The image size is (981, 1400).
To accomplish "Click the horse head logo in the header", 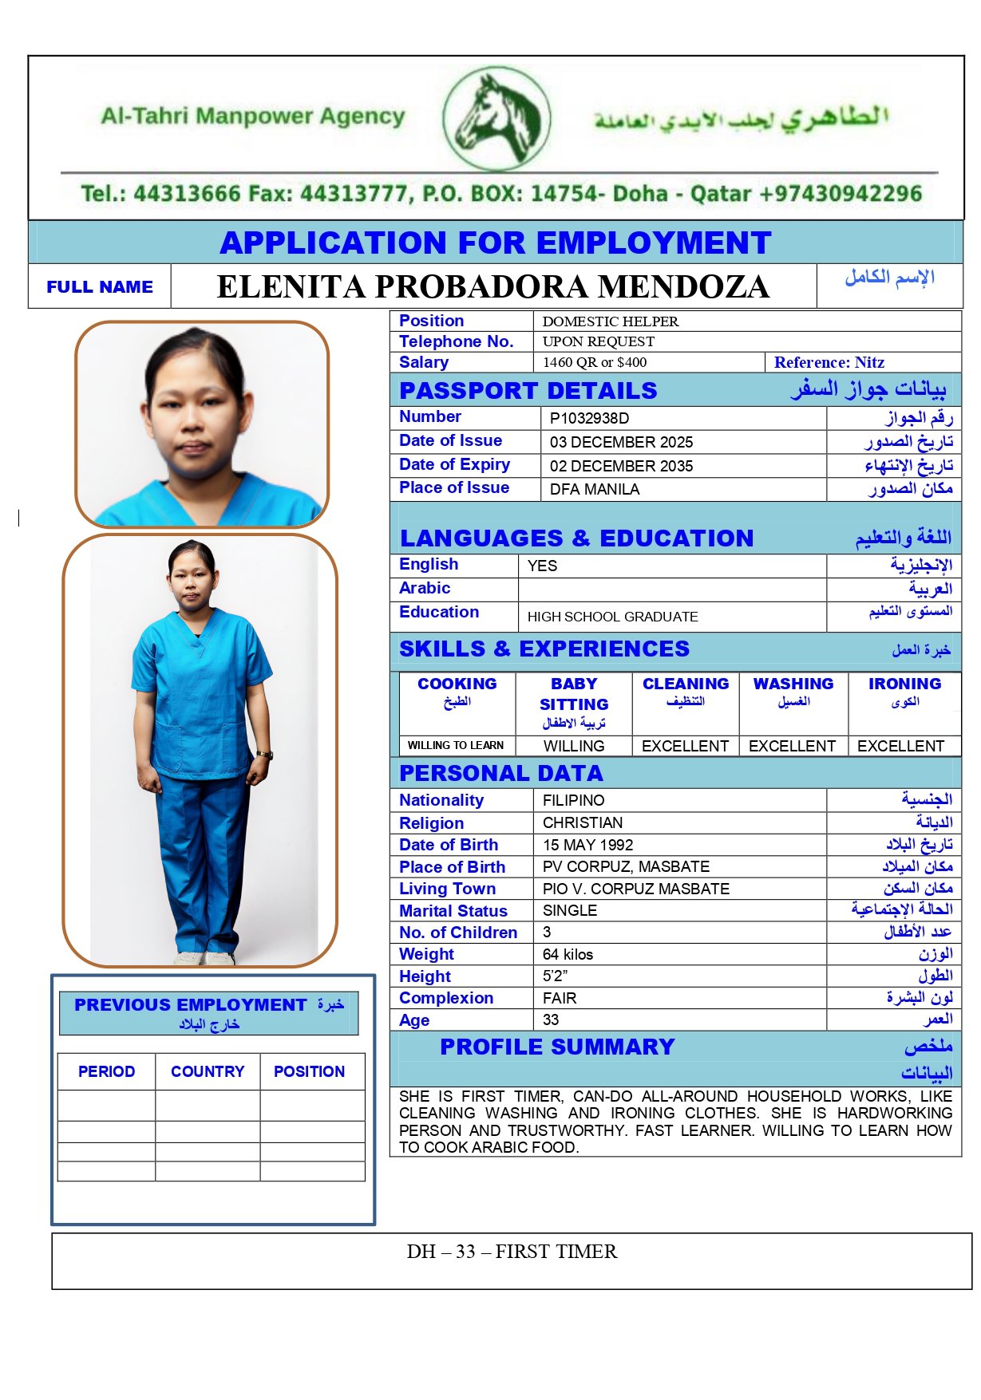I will tap(496, 117).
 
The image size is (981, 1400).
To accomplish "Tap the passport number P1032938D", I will tap(589, 418).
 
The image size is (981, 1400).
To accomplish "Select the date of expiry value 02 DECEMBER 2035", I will tap(621, 466).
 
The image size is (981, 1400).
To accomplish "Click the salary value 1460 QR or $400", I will tap(595, 362).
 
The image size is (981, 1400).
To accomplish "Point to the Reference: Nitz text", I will tap(829, 362).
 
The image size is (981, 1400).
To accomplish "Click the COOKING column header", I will tap(457, 684).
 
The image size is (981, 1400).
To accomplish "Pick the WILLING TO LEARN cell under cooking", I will tap(456, 745).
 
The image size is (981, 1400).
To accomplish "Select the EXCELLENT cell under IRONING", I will tap(900, 746).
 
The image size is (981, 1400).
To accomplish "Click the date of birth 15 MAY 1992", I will tap(588, 845).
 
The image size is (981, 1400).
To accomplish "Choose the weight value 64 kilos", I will tap(568, 954).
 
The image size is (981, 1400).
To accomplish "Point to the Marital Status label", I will tap(453, 911).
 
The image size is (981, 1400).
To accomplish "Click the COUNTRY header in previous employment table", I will tap(208, 1071).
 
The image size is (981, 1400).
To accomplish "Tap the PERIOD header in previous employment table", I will tap(106, 1071).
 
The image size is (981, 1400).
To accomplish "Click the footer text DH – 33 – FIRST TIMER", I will tap(512, 1252).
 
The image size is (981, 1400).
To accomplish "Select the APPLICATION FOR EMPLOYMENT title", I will tap(496, 243).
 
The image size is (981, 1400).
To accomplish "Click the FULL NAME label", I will tap(100, 287).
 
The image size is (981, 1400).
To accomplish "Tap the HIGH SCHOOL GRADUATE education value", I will tap(612, 617).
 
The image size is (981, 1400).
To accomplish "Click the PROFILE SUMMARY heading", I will tap(557, 1047).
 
